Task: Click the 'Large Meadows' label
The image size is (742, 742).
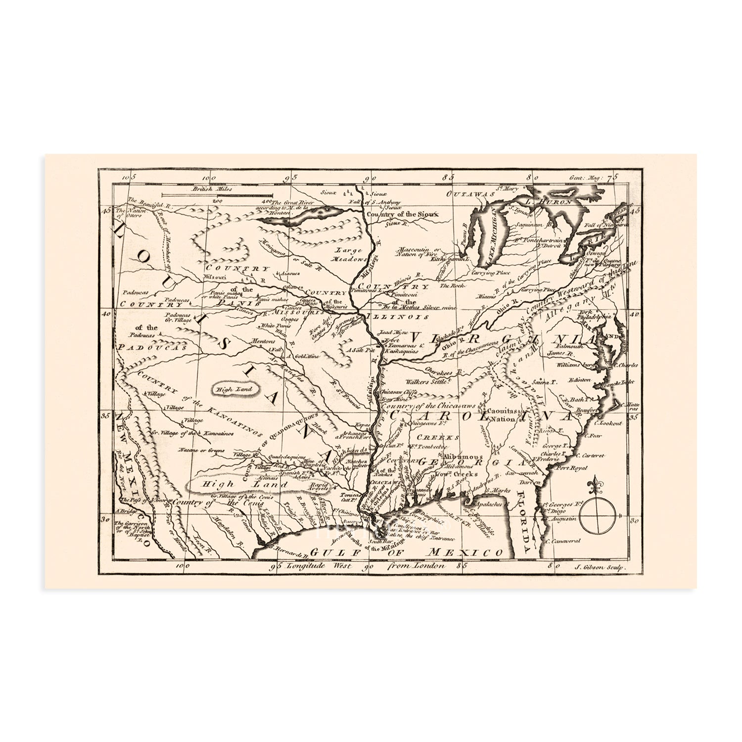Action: click(350, 254)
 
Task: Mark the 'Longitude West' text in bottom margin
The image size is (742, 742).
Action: click(320, 565)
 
